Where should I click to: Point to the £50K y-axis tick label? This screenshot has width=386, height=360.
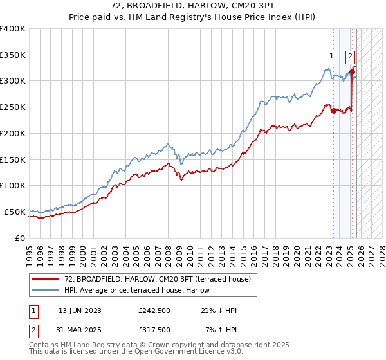click(15, 212)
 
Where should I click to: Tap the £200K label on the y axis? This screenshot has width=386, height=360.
click(13, 133)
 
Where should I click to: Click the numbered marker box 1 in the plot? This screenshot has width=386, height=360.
click(331, 56)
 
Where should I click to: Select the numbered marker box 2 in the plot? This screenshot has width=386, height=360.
click(351, 56)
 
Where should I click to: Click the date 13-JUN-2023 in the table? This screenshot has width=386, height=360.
click(80, 310)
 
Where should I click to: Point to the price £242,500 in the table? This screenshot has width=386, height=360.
click(154, 310)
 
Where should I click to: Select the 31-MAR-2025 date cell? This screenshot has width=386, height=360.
click(80, 330)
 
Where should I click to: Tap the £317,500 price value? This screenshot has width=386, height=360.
click(154, 330)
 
